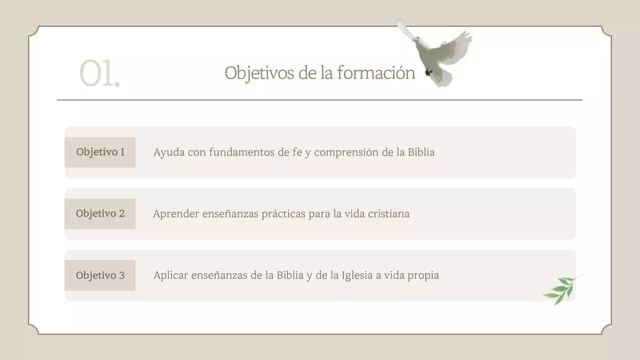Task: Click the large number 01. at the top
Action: pos(99,74)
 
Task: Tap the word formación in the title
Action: pos(376,73)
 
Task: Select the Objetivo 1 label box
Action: pos(100,152)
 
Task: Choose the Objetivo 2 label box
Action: pos(100,213)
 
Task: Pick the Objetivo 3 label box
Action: pos(100,275)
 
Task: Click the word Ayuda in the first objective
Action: pos(168,152)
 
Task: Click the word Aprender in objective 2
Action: pos(175,214)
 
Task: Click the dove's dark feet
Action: pos(428,72)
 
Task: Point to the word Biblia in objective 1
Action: pos(421,152)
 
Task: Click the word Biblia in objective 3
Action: pos(290,275)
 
